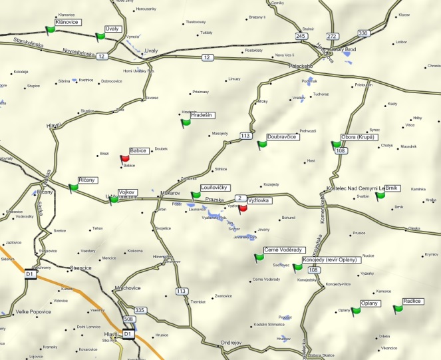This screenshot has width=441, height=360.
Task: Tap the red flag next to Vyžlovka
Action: coord(243,207)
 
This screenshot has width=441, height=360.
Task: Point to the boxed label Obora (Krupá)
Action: coord(359,137)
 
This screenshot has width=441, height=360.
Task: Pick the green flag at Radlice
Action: coord(398,309)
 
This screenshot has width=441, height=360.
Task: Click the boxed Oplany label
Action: coord(369,303)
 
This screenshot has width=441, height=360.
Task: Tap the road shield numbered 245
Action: coord(302,37)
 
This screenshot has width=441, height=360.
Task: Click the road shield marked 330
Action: coord(363,33)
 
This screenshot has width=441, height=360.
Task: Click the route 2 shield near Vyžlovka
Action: coord(239,198)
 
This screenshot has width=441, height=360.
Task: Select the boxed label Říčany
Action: coord(87,180)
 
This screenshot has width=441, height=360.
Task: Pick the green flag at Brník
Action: coord(380,196)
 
